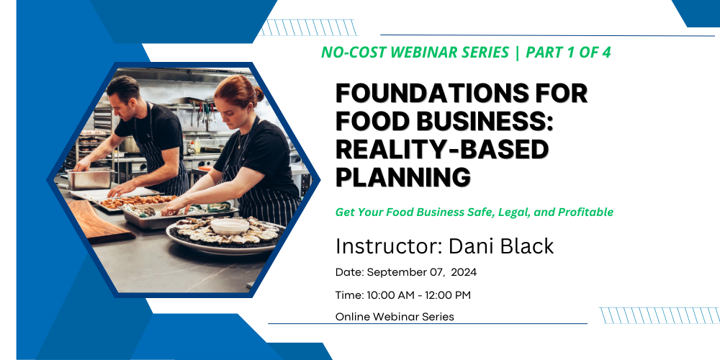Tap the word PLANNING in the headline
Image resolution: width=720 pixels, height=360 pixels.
click(403, 177)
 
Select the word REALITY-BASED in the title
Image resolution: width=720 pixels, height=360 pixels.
click(442, 149)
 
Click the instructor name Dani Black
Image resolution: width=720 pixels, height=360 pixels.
click(501, 246)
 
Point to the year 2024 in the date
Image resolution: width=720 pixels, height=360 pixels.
click(464, 272)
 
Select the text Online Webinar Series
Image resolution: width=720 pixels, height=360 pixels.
click(395, 316)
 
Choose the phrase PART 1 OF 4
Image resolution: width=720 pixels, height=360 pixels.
click(568, 53)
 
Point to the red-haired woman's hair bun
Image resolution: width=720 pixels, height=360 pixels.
click(258, 93)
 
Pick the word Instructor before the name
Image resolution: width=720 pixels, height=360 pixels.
click(390, 246)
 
